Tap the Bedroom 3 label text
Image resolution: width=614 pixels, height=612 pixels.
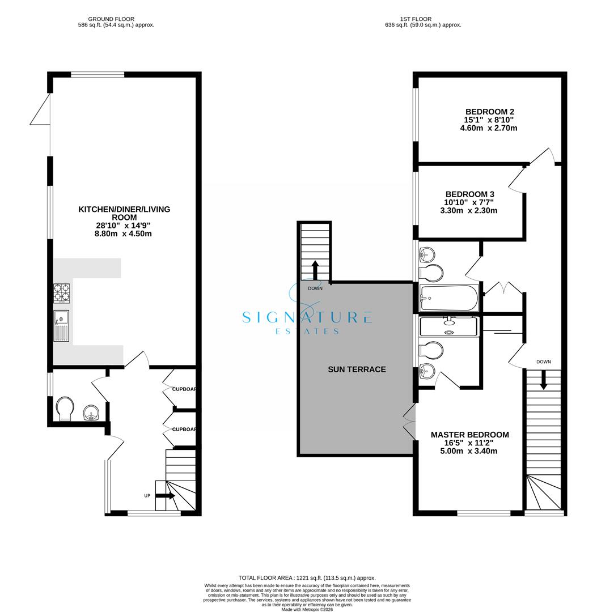coord(469,194)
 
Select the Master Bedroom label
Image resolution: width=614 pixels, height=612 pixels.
coord(469,435)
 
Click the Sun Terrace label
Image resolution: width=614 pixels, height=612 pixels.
coord(357,369)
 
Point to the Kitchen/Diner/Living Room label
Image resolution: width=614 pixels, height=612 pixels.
coord(124,213)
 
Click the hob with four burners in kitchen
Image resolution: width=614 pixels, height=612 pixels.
coord(62,293)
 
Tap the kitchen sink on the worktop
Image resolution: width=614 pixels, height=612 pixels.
coord(61,326)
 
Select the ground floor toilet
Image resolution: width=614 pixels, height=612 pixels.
coord(65,408)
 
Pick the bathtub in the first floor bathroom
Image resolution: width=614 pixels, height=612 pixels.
coord(449,298)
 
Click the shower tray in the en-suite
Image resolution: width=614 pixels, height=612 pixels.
coord(449,326)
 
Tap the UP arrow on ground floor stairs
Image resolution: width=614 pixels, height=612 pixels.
coord(165,496)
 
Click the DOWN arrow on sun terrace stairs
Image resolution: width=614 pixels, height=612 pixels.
coord(315,269)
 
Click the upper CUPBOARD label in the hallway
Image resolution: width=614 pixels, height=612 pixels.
coord(184,389)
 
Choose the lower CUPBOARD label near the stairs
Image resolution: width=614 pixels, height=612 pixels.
coord(184,430)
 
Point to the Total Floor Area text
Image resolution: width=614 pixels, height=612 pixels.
coord(307,578)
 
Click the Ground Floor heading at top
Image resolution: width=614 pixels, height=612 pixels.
coord(111,19)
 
